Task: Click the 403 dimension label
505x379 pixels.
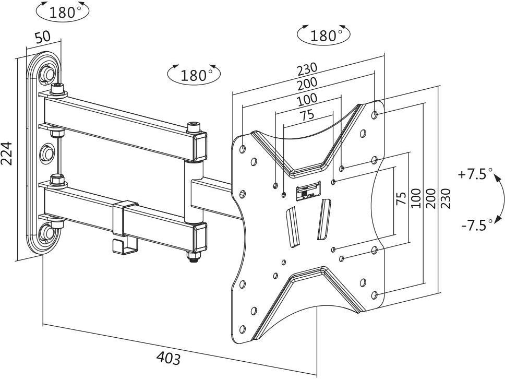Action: (169, 358)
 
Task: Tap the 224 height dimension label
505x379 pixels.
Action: (7, 153)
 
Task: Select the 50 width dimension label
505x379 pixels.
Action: (43, 37)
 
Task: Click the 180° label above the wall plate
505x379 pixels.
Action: (63, 12)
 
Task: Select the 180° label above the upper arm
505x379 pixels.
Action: (194, 75)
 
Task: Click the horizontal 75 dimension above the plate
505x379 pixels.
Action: (307, 115)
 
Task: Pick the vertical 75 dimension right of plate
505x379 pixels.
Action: (401, 198)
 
